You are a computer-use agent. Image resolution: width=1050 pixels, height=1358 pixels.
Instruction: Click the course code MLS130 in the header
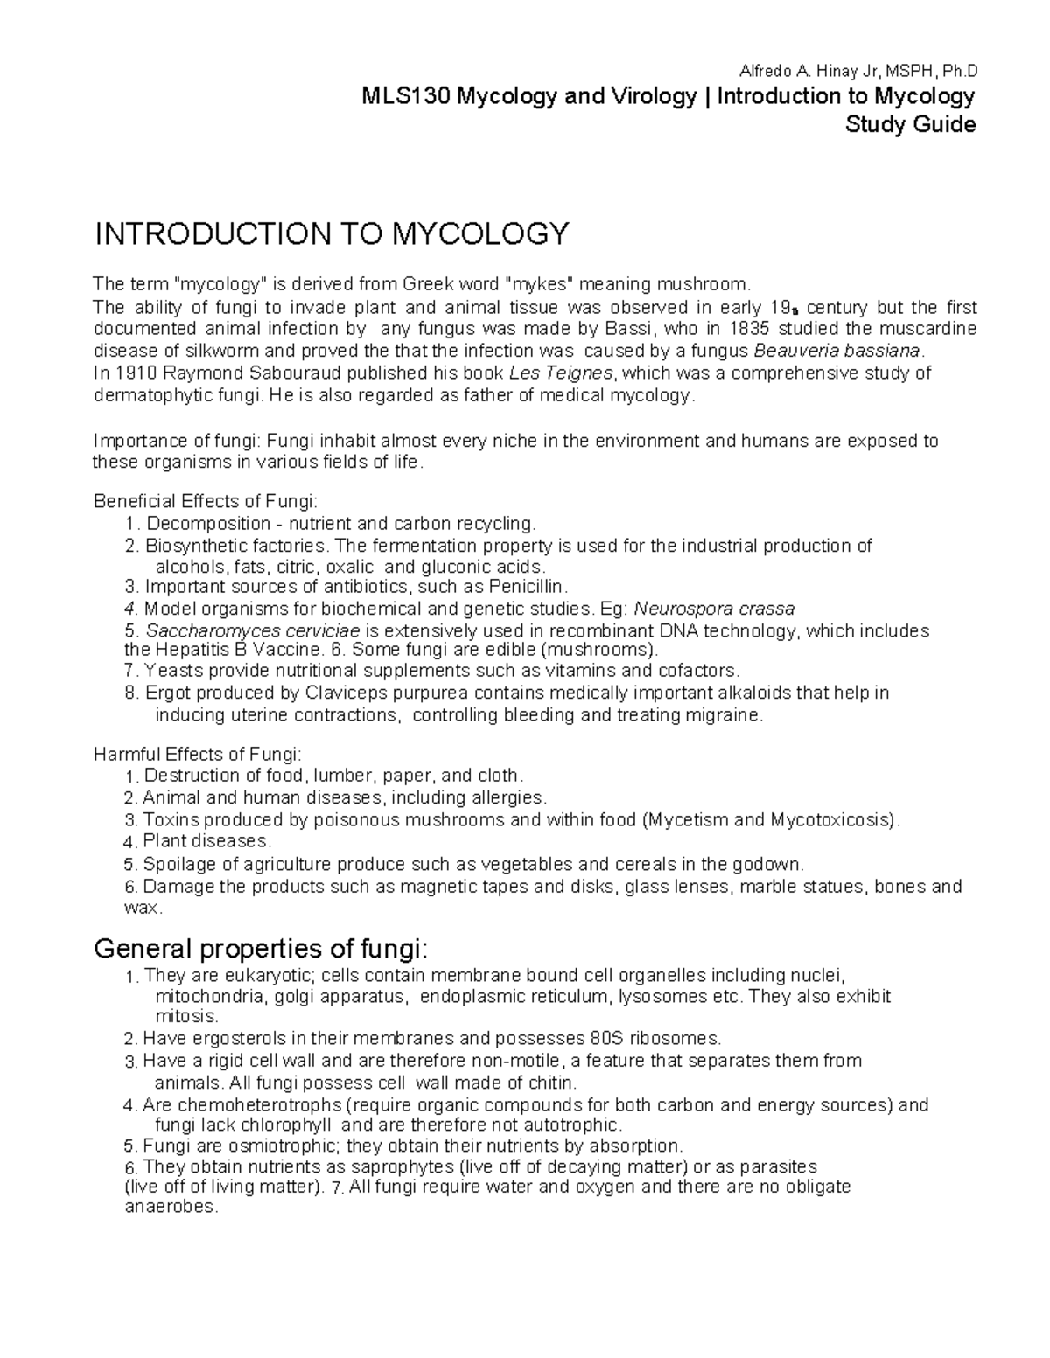[x=403, y=96]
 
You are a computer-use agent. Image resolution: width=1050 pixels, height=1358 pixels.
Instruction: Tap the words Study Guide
[x=910, y=124]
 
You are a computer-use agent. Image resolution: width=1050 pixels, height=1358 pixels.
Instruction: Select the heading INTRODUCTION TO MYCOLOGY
[x=332, y=234]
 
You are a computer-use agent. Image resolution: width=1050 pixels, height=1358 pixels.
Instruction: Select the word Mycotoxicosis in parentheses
[x=831, y=820]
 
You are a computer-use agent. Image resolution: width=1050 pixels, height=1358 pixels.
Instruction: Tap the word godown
[x=771, y=865]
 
